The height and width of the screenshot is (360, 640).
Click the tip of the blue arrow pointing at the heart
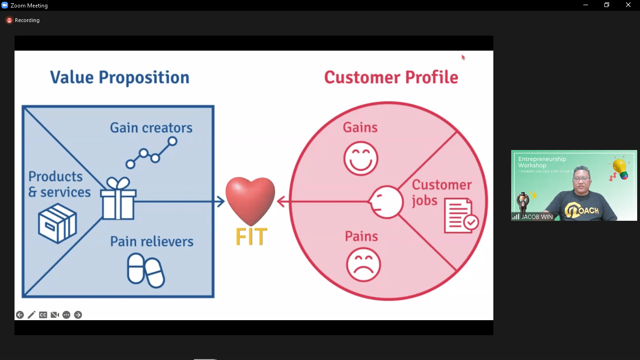click(224, 202)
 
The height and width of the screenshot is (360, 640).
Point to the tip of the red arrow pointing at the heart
click(277, 202)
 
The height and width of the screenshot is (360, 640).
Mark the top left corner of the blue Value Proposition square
click(22, 106)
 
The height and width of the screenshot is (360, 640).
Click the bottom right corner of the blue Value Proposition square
click(214, 297)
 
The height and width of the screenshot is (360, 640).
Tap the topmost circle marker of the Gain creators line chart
click(172, 141)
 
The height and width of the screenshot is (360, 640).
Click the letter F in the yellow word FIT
click(241, 236)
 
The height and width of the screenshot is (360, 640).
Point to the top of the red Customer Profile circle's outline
click(388, 102)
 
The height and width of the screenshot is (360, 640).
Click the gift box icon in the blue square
click(118, 198)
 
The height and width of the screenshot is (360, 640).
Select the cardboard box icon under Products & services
click(58, 223)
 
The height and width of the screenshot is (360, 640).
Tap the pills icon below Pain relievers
click(146, 270)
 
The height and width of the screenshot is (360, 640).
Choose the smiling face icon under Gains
click(361, 158)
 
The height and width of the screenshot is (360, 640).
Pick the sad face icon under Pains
click(363, 265)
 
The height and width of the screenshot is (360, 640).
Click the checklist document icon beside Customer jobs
click(461, 216)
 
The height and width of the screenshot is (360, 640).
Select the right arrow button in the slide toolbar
click(78, 315)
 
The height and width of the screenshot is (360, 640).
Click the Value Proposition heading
click(120, 77)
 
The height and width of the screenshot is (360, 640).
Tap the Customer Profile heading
click(391, 77)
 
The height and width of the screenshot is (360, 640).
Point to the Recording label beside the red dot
click(27, 20)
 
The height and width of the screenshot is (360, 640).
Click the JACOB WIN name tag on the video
click(537, 217)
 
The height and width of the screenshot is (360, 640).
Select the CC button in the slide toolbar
click(43, 315)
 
